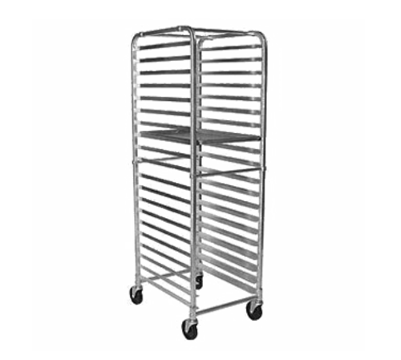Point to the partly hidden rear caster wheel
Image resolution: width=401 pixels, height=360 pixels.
coord(197,281)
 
